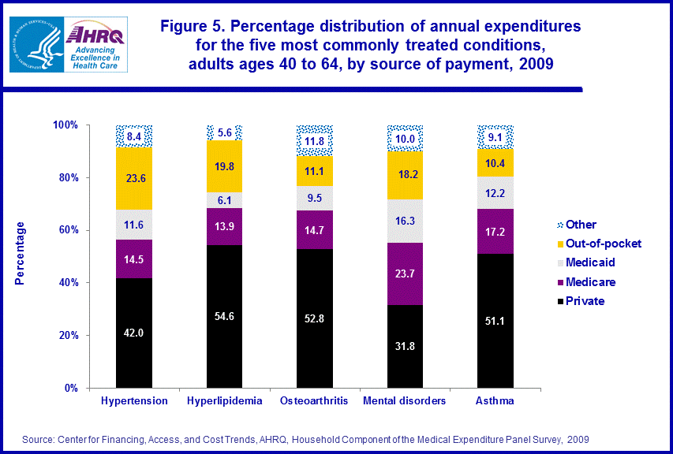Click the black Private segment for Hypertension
pos(134,333)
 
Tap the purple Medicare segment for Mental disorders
pos(406,274)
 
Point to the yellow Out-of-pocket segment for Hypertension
pos(134,178)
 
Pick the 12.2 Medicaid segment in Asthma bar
pos(495,192)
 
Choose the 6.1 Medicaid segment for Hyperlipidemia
pos(224,200)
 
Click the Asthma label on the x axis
pos(495,401)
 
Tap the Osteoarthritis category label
pos(314,401)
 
